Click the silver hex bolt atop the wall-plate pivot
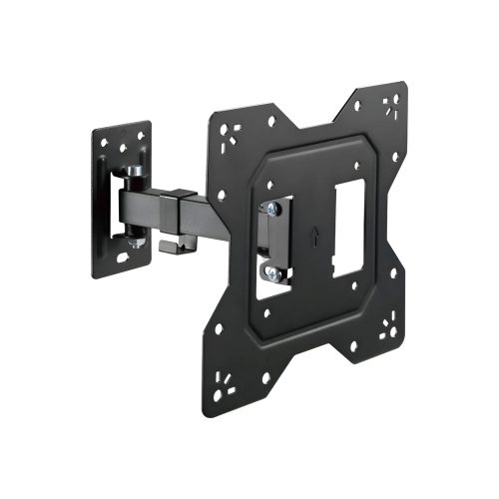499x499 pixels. tap(132, 172)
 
